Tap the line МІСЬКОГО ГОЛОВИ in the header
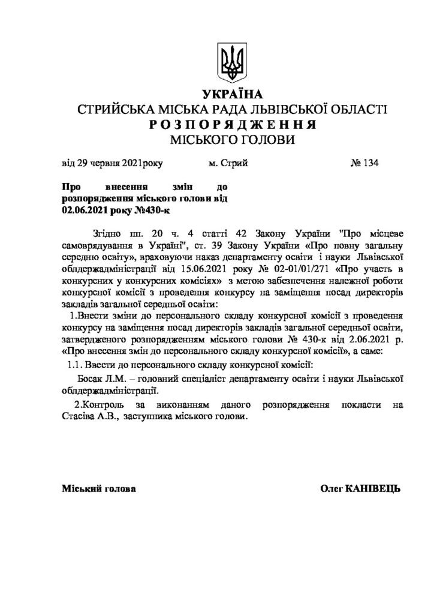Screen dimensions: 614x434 coord(233,139)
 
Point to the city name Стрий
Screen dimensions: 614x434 coord(234,164)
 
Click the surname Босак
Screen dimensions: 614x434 coord(92,379)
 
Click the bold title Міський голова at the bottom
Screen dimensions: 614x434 coord(99,489)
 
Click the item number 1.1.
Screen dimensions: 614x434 coord(73,365)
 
